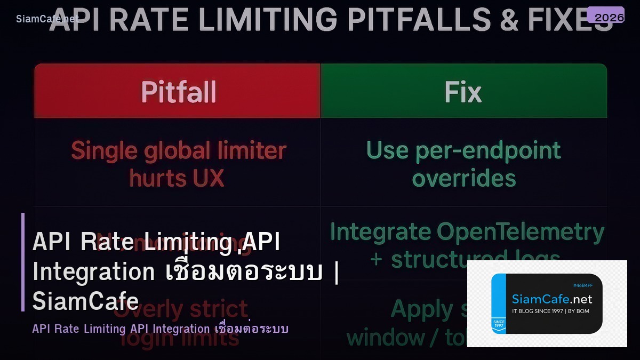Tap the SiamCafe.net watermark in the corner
pos(47,19)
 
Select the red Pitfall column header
pos(178,91)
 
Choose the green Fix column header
pos(463,91)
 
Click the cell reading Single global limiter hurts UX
pos(178,164)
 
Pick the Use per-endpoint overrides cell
pos(463,164)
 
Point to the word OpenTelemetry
pos(520,232)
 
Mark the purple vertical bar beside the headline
pos(23,262)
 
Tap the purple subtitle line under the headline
pos(160,329)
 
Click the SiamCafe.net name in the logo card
pos(551,299)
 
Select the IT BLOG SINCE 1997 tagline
pos(550,311)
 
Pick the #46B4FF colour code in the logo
pos(582,285)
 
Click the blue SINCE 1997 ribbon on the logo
pos(498,324)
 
